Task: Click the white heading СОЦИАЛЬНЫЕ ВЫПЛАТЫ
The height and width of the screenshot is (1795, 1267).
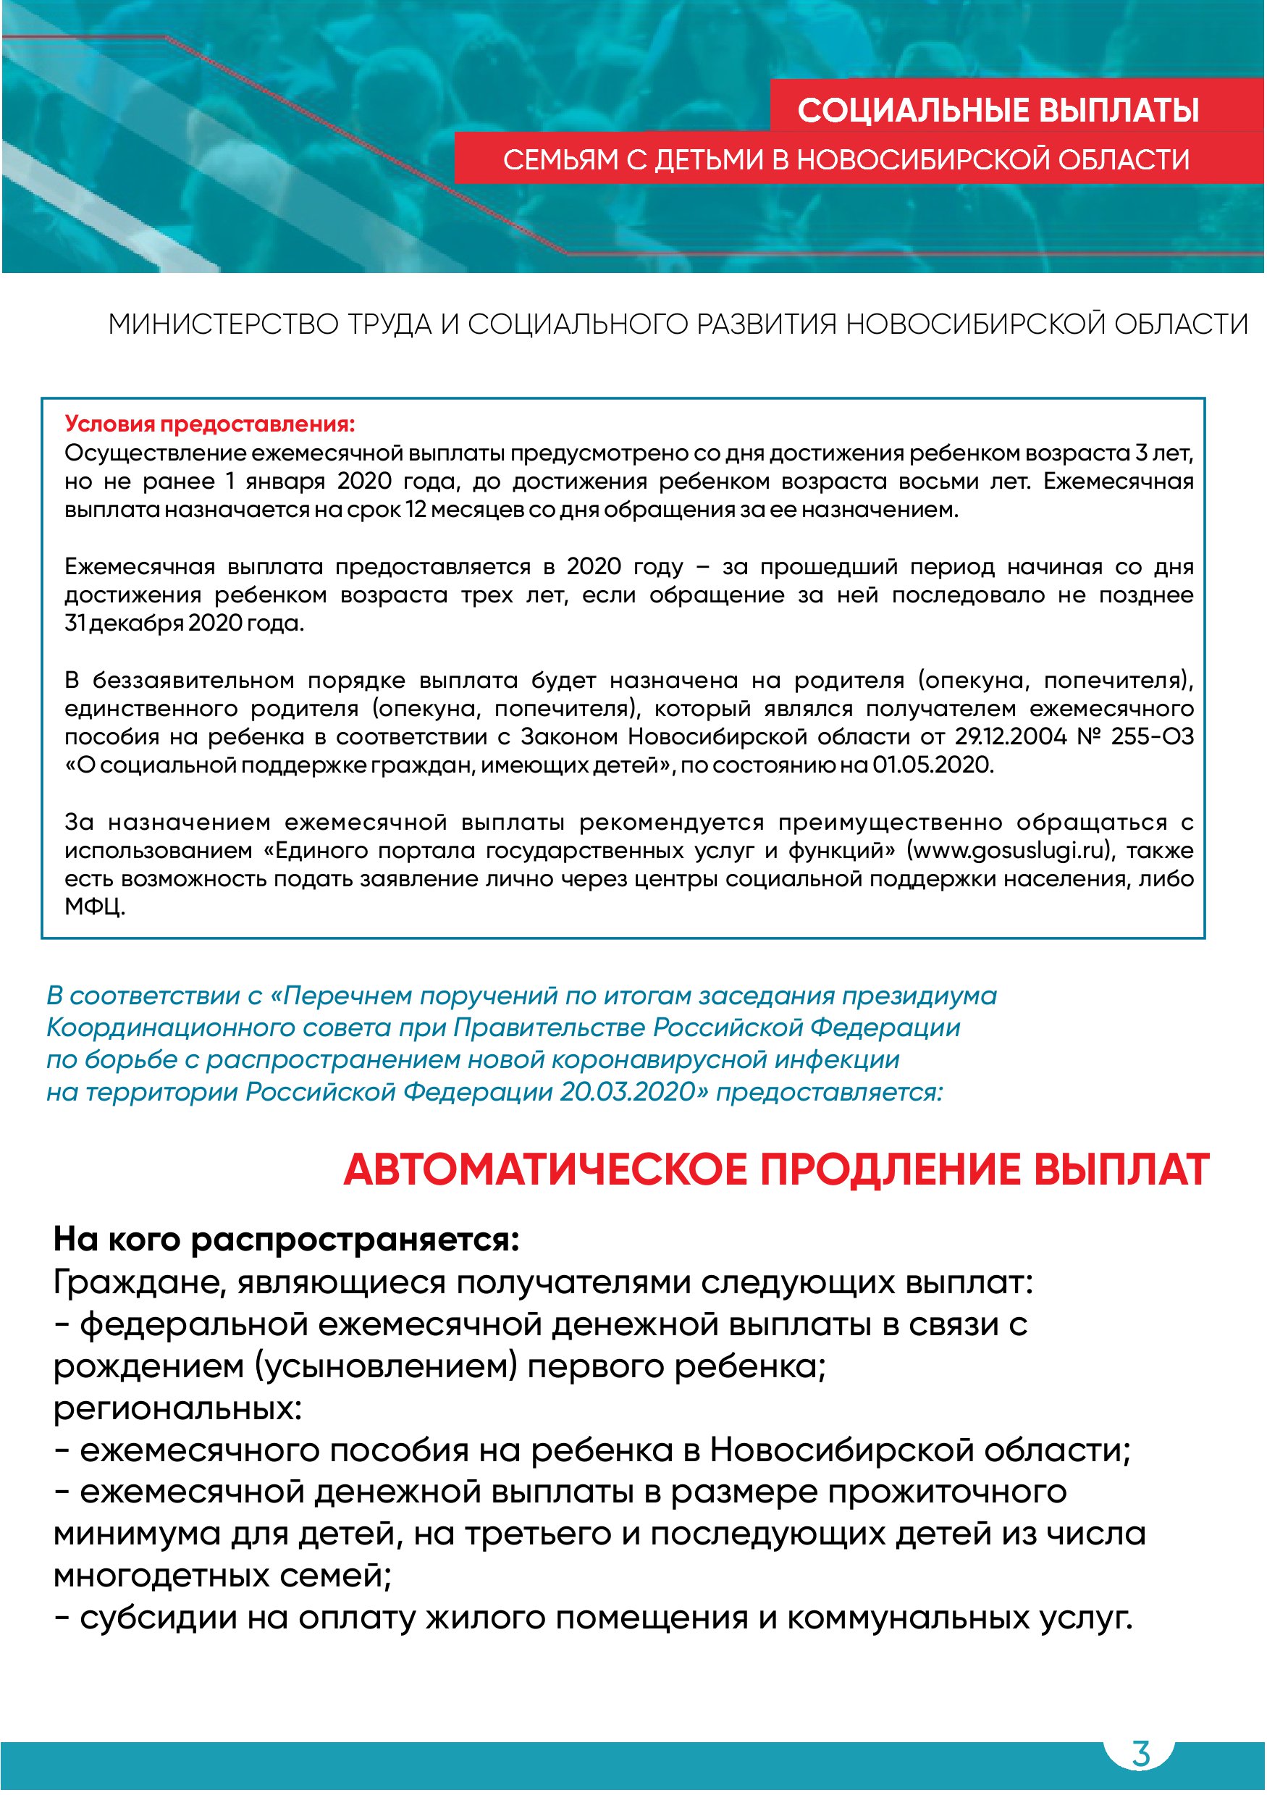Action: tap(998, 111)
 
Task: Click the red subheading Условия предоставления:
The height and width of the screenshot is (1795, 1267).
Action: tap(209, 424)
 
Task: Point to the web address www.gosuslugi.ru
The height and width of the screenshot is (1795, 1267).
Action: tap(1008, 850)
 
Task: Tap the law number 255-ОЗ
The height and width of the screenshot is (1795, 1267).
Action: tap(1152, 736)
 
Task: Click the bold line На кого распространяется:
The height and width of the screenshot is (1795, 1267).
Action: tap(286, 1239)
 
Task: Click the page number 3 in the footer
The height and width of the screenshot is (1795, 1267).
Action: tap(1140, 1754)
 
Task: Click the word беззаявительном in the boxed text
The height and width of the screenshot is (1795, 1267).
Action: tap(193, 680)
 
